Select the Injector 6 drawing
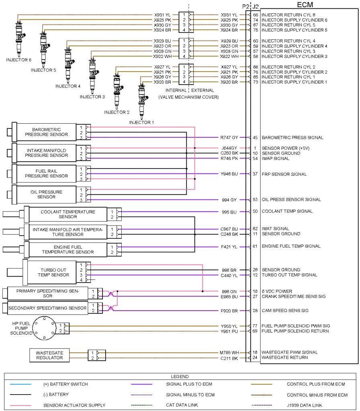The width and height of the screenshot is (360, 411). coord(19,36)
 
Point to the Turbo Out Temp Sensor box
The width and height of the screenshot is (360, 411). coord(53,273)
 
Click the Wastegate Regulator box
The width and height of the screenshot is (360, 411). coord(49,355)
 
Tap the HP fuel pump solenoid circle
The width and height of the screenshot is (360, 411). coord(44,328)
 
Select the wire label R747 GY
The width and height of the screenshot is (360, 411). coord(229,138)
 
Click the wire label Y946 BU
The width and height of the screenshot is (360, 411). coord(229,174)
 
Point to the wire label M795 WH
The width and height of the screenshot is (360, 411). coord(229,352)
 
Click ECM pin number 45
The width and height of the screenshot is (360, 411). coord(255,138)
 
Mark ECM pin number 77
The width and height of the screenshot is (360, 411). coord(255,326)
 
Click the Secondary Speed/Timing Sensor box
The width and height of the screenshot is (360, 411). coord(47,308)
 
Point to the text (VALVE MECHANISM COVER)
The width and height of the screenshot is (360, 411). coord(188,97)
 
